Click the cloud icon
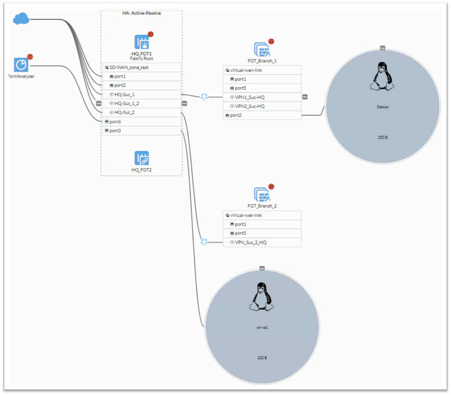coord(21,19)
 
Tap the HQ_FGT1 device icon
coord(141,42)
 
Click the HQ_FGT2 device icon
coord(141,158)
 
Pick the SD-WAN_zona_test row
coord(141,67)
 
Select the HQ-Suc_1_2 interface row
coord(141,104)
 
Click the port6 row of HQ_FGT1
coord(141,122)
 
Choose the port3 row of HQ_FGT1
coord(141,131)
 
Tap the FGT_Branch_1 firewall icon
coord(262,50)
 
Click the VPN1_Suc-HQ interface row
coord(262,97)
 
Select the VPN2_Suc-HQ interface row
coord(262,106)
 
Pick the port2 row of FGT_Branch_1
coord(262,115)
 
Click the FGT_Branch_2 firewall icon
coord(262,195)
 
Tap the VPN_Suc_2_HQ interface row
coord(262,243)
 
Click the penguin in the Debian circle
coord(382,76)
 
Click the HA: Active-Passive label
coord(141,14)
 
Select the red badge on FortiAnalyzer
coord(30,57)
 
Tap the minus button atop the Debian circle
coord(382,48)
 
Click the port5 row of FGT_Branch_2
coord(262,233)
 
